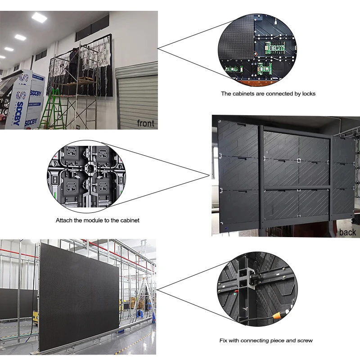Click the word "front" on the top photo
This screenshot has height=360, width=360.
[145, 123]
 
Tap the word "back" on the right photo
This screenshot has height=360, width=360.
[347, 232]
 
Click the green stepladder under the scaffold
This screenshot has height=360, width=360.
[50, 110]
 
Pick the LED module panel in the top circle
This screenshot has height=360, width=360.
[236, 40]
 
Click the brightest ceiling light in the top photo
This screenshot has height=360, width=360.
[40, 18]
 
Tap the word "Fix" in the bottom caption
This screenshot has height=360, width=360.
[224, 340]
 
